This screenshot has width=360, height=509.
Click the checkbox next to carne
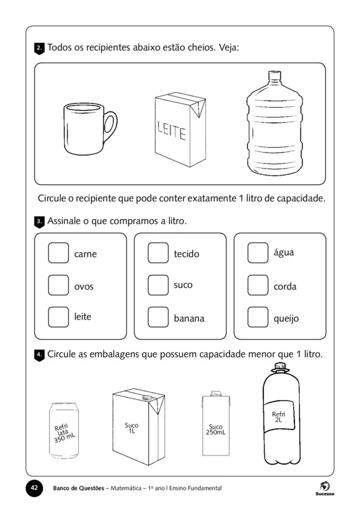[58, 253]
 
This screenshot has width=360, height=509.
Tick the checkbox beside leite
[58, 316]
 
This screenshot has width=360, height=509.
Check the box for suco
[158, 285]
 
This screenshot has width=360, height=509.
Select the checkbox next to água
[258, 253]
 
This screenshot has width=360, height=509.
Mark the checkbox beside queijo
[258, 317]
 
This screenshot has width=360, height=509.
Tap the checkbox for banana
[158, 317]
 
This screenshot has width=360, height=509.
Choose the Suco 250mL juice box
[215, 425]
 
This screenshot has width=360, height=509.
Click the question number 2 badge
[39, 48]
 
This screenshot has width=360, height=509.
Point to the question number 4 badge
[39, 355]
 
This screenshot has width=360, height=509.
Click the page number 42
[34, 488]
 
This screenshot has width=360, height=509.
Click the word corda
[285, 287]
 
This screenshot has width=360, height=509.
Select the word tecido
[186, 254]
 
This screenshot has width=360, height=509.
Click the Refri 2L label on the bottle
[279, 417]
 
